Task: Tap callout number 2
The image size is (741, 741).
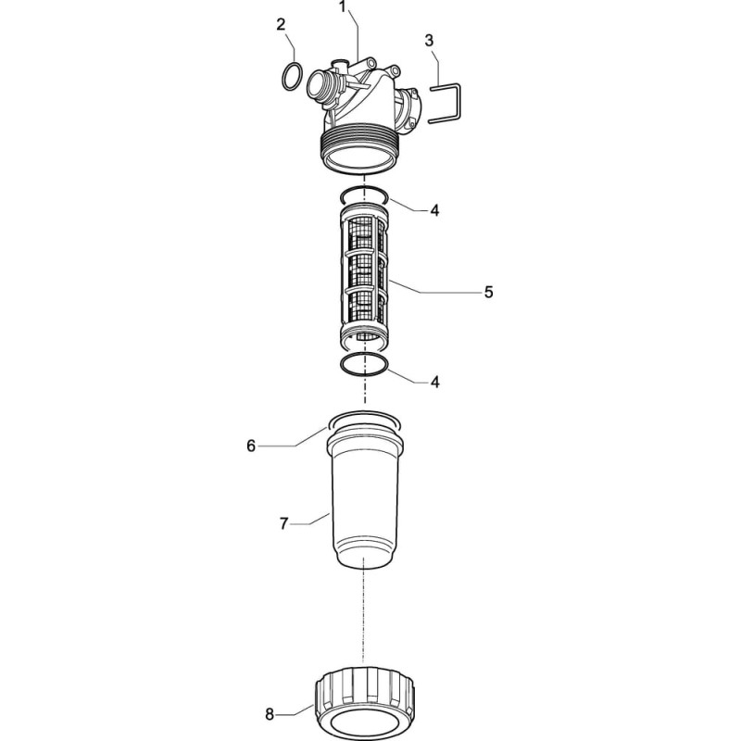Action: coord(281,25)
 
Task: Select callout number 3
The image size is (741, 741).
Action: coord(429,41)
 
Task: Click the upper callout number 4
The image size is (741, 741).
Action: coord(434,211)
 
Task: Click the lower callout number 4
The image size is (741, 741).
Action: coord(434,382)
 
